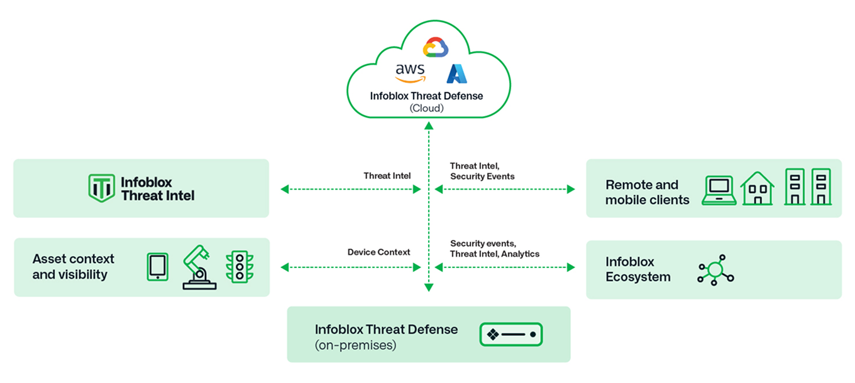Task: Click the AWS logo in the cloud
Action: coord(410,73)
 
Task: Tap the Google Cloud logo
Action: coord(435,48)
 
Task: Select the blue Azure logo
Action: coord(457,74)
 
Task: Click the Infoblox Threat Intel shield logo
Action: coord(101,188)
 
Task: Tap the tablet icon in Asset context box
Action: coord(157,267)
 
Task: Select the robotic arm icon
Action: coord(199,267)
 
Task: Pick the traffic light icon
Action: coord(238,267)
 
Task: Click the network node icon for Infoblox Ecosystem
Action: coord(715,270)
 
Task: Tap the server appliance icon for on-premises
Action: coord(510,334)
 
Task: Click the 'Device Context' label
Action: coord(378,252)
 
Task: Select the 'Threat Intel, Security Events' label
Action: coord(482,171)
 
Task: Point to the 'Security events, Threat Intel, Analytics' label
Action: coord(495,249)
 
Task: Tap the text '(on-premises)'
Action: coord(355,345)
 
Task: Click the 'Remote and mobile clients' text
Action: coord(647,193)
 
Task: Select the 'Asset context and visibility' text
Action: coord(73,267)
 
